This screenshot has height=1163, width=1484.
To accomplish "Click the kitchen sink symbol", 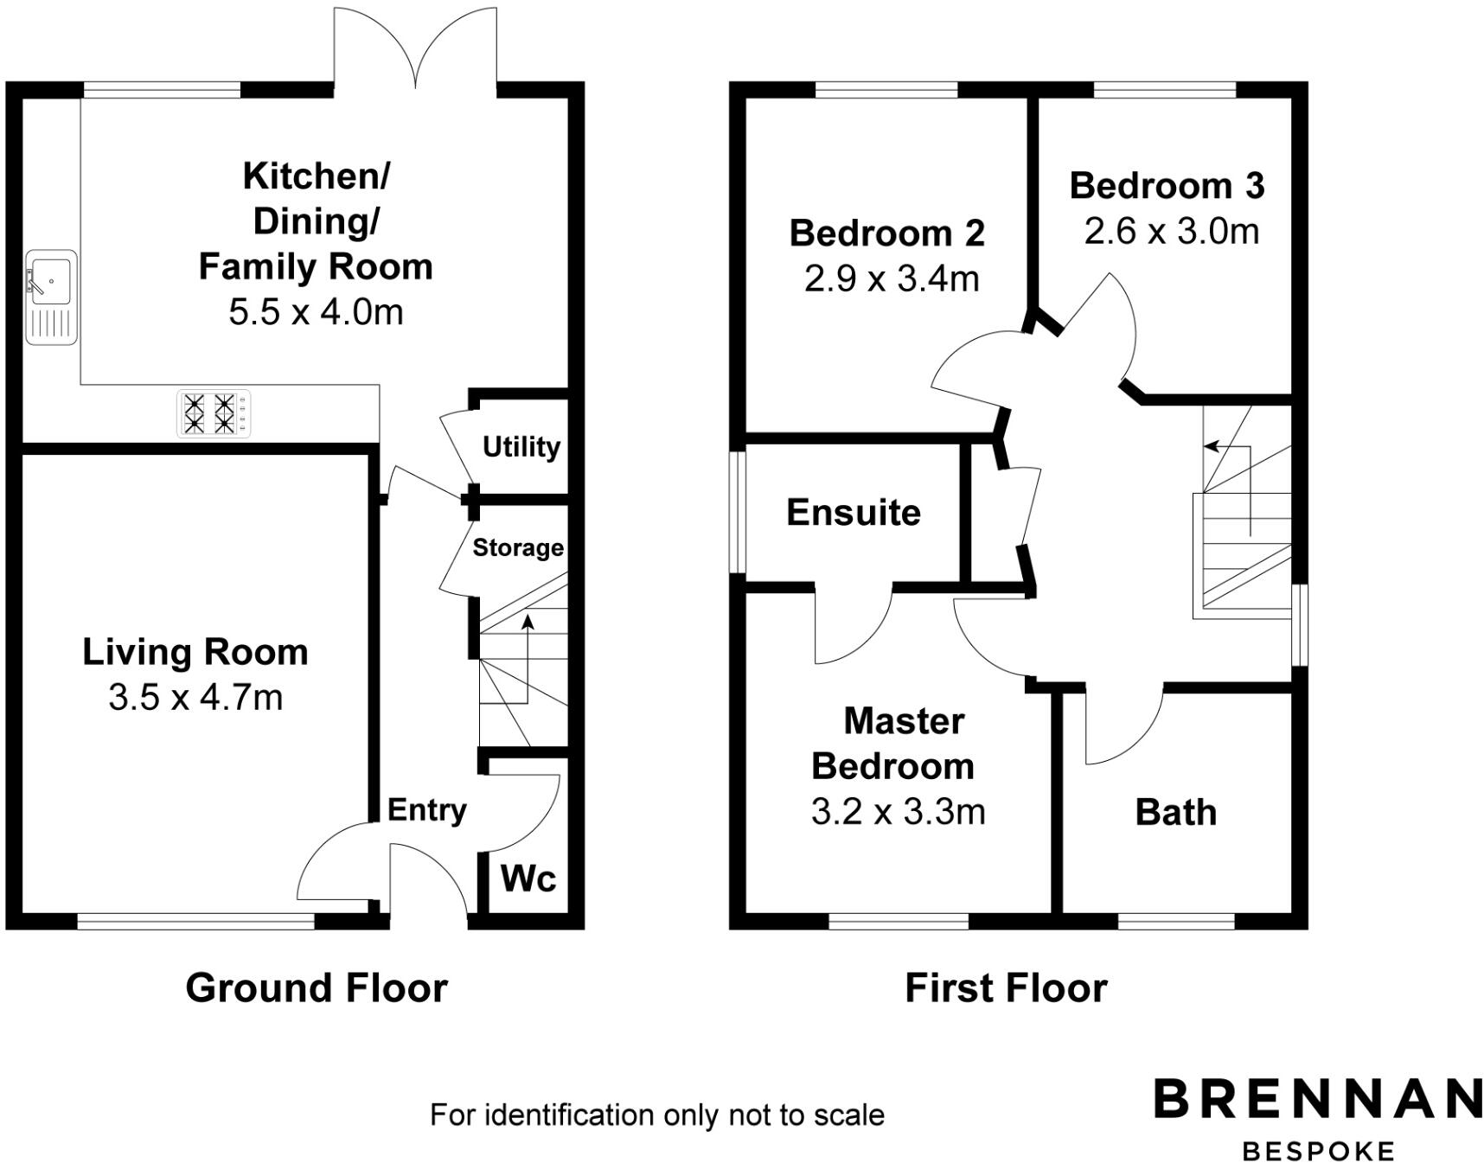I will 51,297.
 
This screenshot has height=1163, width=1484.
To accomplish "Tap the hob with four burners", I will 214,413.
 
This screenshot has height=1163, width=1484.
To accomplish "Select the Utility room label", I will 521,447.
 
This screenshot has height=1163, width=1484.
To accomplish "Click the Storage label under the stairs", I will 518,548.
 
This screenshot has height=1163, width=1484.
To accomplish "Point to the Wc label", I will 528,879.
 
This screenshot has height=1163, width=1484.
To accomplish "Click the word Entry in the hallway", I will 426,810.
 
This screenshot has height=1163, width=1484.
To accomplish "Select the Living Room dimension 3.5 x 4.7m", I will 195,697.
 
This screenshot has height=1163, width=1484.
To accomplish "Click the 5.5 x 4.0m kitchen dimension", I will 316,312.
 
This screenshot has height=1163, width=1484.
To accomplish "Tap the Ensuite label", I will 854,513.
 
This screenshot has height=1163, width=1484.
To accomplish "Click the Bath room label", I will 1175,813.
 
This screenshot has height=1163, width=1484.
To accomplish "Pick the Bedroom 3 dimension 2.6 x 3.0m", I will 1171,232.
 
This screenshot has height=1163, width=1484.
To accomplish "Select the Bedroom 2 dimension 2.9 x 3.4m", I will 892,279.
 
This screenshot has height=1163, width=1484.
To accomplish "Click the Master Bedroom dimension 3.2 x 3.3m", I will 898,812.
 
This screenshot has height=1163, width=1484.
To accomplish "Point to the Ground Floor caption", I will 317,988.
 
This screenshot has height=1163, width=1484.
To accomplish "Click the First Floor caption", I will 1006,988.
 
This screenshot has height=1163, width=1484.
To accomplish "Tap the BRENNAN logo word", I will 1317,1099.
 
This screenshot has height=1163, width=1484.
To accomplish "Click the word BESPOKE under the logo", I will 1318,1151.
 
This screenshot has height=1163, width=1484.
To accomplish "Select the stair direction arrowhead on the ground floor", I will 528,621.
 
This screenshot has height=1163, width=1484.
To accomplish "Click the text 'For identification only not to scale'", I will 656,1115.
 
